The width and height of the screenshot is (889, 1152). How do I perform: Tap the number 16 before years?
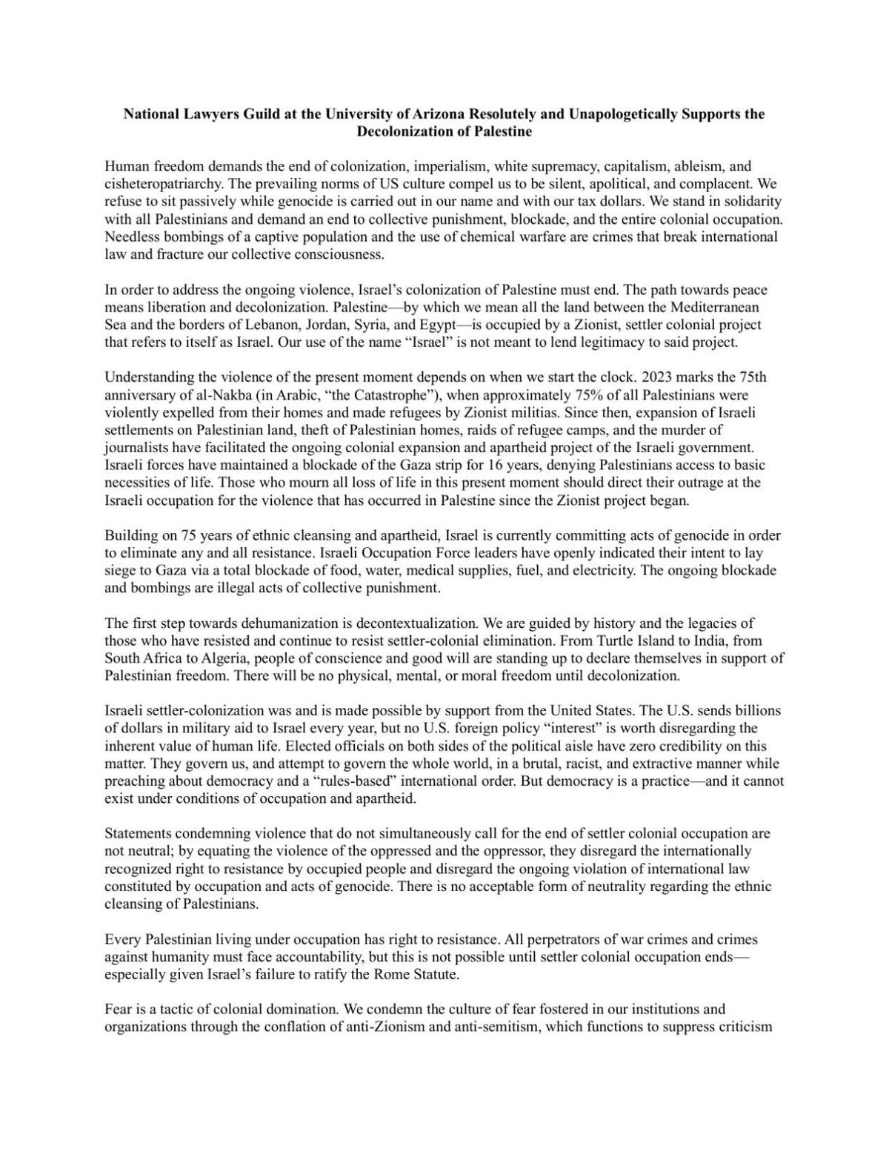click(500, 466)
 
